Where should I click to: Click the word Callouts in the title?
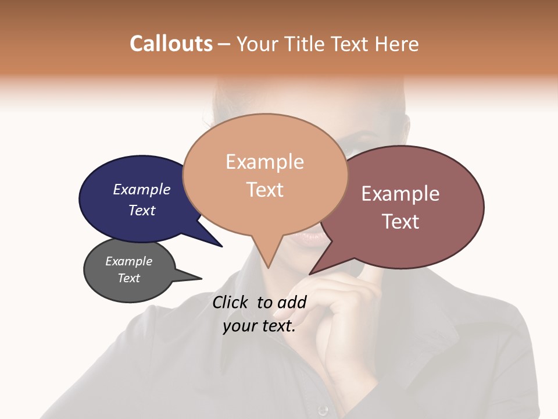171,44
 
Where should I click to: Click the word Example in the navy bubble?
142,189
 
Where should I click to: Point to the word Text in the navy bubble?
142,210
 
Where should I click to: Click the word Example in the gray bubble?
129,261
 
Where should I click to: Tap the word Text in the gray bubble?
129,278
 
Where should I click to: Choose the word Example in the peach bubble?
264,162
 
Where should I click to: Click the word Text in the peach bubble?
265,190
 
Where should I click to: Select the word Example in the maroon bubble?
400,194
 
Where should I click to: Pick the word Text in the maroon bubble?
400,221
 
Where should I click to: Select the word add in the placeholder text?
292,302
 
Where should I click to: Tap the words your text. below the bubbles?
259,326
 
